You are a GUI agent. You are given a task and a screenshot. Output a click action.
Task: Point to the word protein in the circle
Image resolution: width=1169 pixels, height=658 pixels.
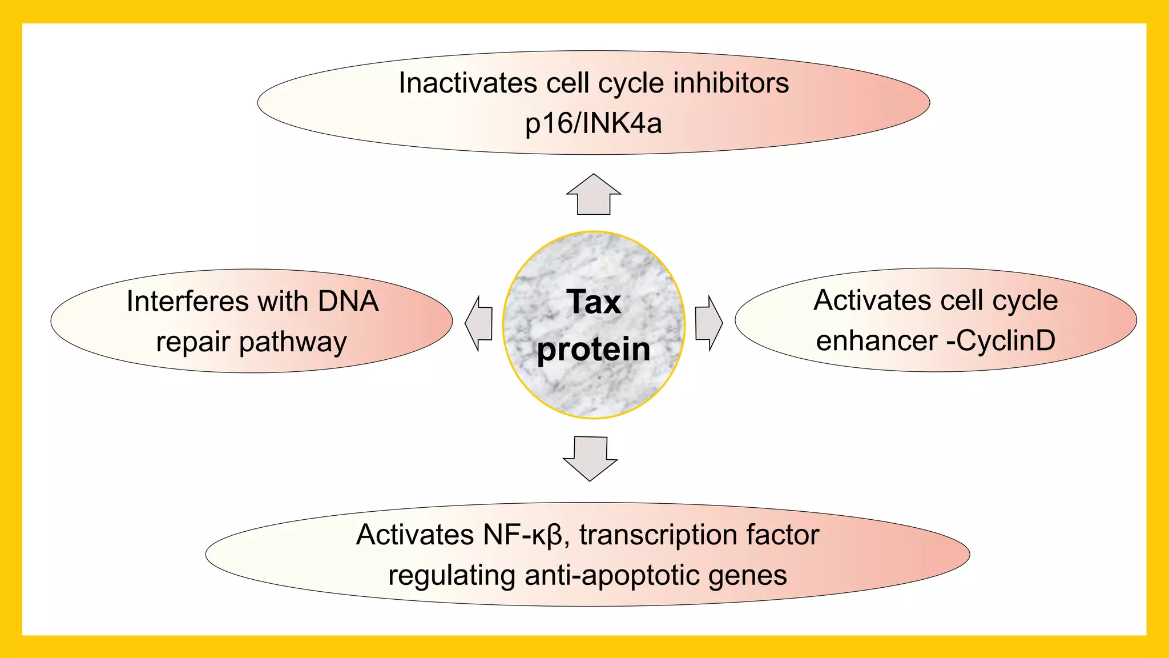pos(594,350)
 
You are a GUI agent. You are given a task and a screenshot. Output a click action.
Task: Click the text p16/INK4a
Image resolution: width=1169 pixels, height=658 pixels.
pos(594,123)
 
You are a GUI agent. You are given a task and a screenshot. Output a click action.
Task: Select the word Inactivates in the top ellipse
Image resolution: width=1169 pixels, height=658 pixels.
pos(467,83)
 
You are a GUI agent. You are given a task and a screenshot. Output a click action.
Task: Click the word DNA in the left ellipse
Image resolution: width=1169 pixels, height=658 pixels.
pos(348,301)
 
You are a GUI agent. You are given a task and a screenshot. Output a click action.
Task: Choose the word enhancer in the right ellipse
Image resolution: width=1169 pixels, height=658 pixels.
pos(877,341)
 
